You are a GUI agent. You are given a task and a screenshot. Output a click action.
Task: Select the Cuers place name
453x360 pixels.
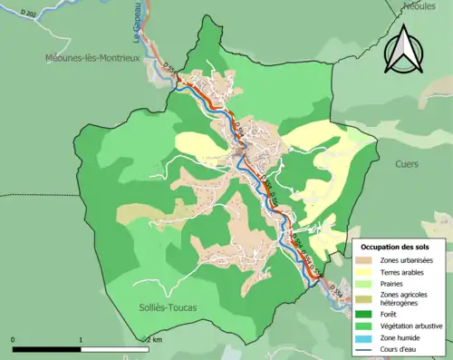click(407, 165)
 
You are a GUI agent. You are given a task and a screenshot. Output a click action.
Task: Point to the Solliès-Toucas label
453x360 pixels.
click(168, 307)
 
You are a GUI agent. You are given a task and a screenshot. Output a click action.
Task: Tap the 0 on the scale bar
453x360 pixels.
click(14, 339)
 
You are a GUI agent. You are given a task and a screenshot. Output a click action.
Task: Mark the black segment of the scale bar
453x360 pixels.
click(47, 348)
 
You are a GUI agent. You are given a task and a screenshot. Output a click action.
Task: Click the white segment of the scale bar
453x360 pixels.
click(116, 348)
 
